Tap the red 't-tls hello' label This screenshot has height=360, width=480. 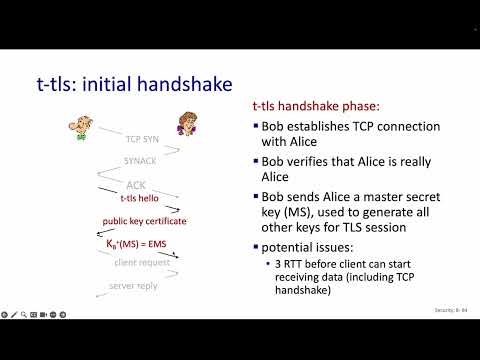(140, 198)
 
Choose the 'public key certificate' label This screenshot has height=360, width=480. (144, 221)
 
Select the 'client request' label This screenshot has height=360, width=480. (141, 262)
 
